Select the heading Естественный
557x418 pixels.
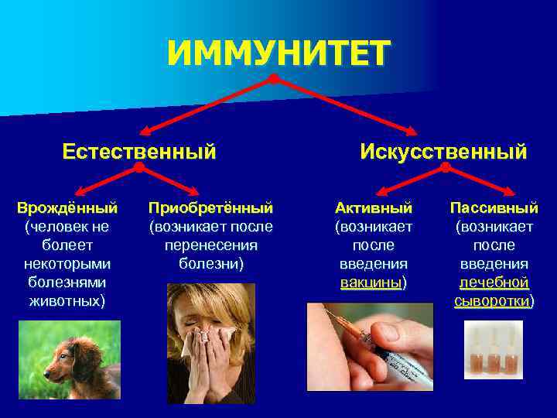point(139,150)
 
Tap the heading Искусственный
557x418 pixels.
point(443,151)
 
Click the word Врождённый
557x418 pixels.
point(67,208)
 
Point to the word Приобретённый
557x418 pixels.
point(210,208)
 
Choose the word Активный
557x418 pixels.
point(374,208)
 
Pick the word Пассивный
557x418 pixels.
point(494,208)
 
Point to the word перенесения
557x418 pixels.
point(210,245)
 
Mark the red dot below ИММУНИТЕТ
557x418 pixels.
point(273,79)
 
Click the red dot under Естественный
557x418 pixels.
point(139,166)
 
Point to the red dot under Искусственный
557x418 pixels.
point(445,166)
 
